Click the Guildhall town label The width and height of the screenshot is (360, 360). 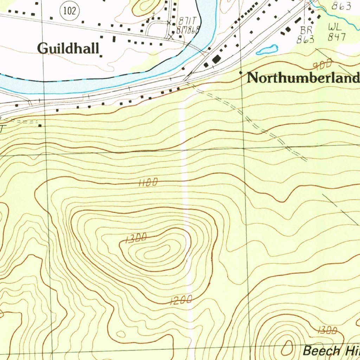pyautogui.click(x=69, y=48)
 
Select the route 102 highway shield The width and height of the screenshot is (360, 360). pyautogui.click(x=70, y=11)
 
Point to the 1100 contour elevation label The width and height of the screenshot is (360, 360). pyautogui.click(x=148, y=182)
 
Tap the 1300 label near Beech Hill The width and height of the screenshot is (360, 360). pyautogui.click(x=327, y=330)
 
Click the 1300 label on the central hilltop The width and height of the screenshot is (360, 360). pyautogui.click(x=135, y=239)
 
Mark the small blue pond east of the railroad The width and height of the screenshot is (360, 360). pyautogui.click(x=267, y=50)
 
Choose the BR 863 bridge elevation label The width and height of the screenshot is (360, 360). pyautogui.click(x=304, y=35)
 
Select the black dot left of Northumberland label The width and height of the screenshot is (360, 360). pyautogui.click(x=241, y=72)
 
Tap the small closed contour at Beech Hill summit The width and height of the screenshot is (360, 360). pyautogui.click(x=287, y=348)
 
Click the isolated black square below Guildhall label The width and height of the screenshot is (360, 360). pyautogui.click(x=101, y=56)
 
